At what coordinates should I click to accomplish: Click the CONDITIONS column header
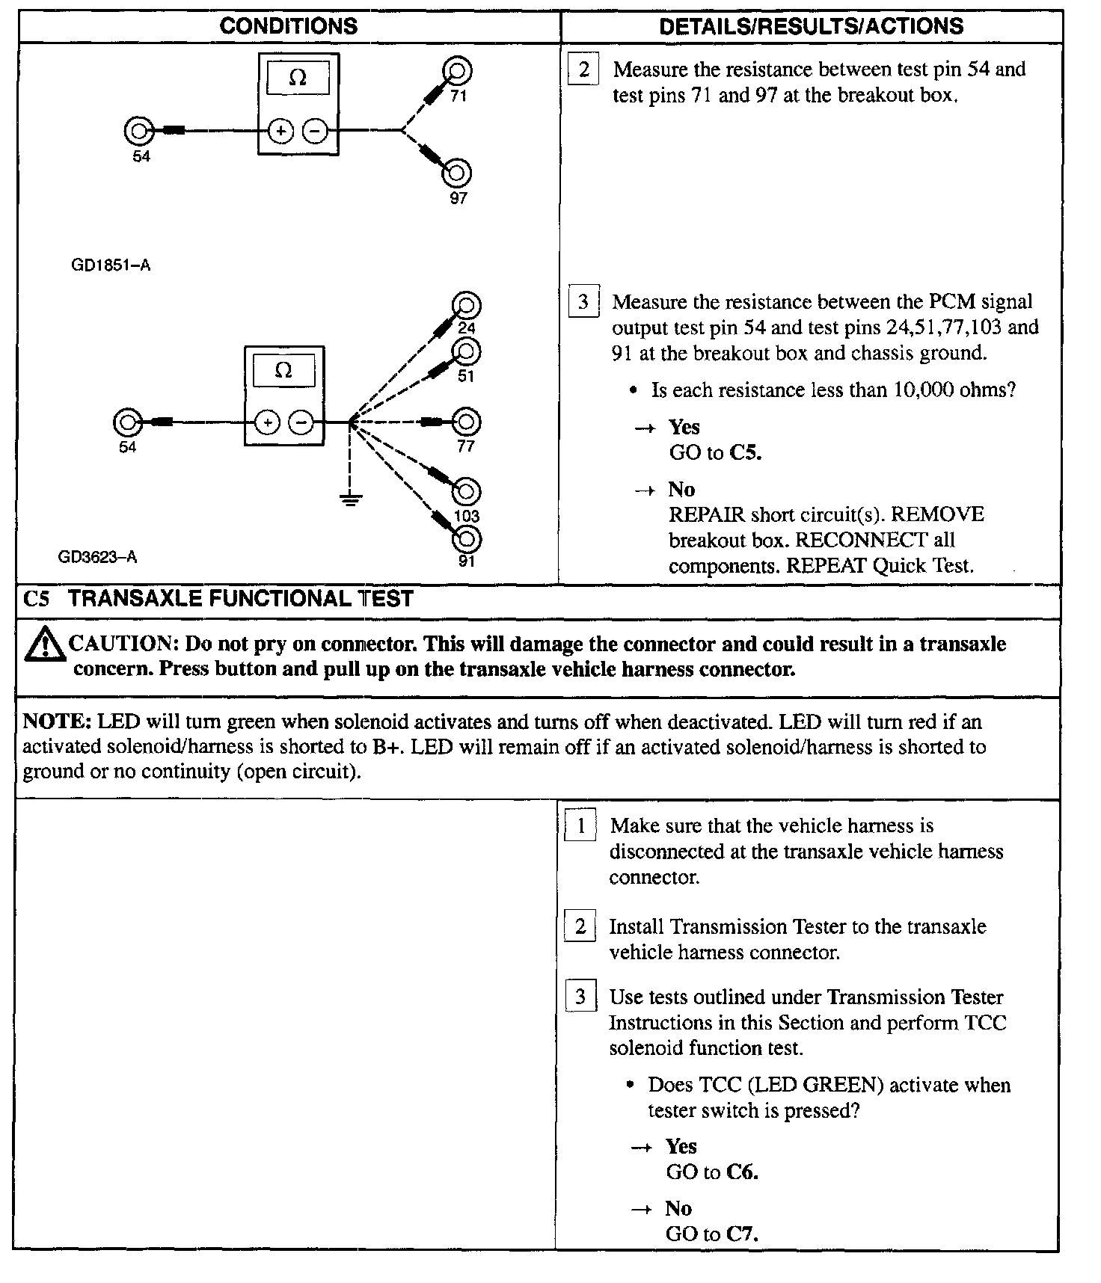coord(289,27)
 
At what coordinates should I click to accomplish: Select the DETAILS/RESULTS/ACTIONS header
coord(812,27)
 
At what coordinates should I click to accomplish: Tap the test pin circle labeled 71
coord(457,72)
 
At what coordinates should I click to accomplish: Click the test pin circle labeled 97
coord(457,173)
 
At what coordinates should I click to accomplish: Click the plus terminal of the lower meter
coord(267,423)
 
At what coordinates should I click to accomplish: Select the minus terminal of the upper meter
coord(315,132)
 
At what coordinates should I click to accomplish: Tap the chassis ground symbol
coord(349,499)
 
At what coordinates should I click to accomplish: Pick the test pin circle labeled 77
coord(467,422)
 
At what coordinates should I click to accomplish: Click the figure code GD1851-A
coord(111,265)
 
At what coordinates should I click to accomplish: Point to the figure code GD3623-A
coord(97,557)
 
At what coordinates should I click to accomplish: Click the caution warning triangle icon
coord(44,645)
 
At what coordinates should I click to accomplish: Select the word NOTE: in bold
coord(57,722)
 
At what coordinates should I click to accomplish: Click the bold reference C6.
coord(742,1172)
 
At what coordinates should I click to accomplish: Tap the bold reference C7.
coord(742,1234)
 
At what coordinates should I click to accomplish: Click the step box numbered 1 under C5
coord(580,826)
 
